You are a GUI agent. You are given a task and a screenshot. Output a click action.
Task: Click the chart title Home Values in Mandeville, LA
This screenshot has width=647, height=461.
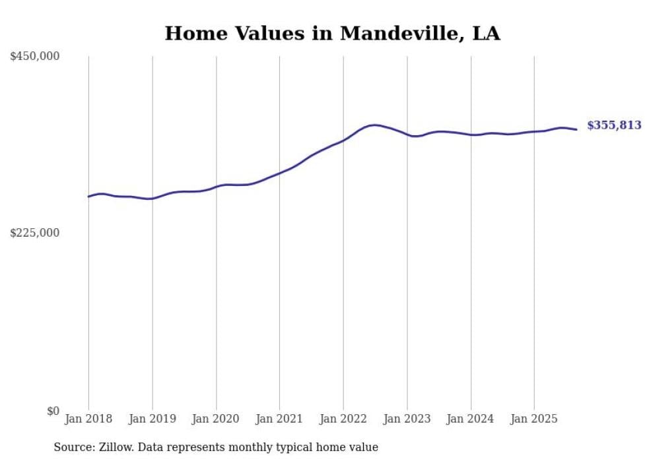tap(332, 34)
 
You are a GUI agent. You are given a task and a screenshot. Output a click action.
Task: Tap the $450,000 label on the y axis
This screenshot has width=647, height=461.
tap(34, 57)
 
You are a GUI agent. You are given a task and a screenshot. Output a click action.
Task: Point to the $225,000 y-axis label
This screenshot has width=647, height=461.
tap(34, 233)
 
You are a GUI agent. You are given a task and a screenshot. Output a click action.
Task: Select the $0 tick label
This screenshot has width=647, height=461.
tap(53, 411)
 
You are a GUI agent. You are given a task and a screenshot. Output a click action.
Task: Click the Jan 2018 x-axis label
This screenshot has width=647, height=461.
tap(88, 419)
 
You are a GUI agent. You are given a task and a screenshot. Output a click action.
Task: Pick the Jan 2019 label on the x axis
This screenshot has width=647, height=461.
tap(153, 419)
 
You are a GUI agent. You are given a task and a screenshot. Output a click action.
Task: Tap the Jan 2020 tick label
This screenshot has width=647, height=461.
tap(216, 419)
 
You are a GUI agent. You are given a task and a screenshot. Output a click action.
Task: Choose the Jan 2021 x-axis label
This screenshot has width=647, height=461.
tap(279, 419)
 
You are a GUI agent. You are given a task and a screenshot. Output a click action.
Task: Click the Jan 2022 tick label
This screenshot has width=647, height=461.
tap(343, 419)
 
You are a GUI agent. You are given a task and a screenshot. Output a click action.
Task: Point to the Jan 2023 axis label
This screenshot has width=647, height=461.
tap(407, 419)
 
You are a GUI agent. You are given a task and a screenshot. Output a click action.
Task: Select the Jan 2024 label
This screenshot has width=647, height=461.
tap(471, 419)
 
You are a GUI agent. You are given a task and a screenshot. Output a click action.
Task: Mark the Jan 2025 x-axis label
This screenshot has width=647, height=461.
tap(534, 419)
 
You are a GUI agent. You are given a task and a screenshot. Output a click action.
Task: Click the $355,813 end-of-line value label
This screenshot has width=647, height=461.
tap(614, 125)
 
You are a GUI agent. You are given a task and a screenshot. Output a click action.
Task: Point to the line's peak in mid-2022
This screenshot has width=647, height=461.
tap(374, 125)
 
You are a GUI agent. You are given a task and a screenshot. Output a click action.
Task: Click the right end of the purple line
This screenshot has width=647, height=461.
tap(577, 129)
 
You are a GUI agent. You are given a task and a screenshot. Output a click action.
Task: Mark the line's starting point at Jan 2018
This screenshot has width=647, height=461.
tap(88, 197)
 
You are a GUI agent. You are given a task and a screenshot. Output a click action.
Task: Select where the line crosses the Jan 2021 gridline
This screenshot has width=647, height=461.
tap(279, 173)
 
